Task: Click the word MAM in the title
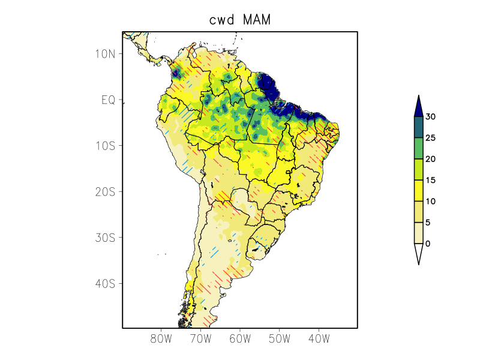[257, 20]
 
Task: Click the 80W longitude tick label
[161, 339]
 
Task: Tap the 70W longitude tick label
[200, 339]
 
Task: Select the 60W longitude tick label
[240, 339]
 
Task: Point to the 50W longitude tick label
[279, 339]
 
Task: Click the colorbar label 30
[430, 117]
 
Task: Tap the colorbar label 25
[430, 138]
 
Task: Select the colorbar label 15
[430, 180]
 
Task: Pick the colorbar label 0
[427, 244]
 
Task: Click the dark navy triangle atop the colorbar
[418, 106]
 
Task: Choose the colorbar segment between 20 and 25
[418, 148]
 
